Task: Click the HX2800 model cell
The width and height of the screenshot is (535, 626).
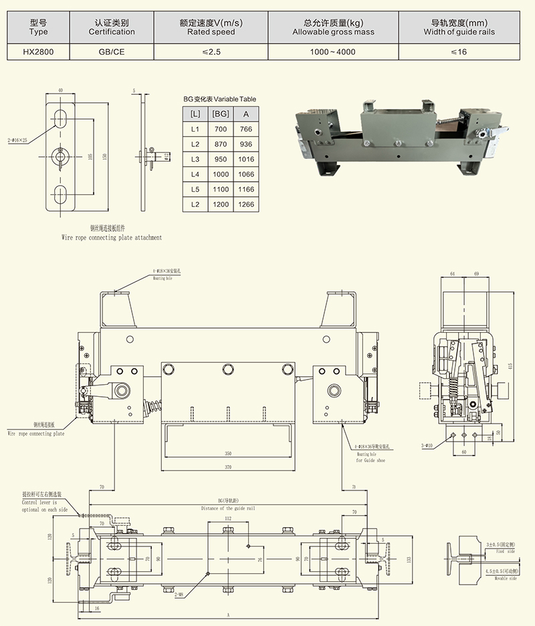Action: click(x=39, y=51)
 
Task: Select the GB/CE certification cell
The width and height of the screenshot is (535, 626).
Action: click(x=112, y=51)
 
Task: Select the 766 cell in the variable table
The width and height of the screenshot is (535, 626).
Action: click(x=245, y=129)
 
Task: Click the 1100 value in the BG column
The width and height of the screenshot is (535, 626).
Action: click(x=220, y=190)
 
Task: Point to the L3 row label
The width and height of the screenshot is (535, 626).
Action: click(x=195, y=160)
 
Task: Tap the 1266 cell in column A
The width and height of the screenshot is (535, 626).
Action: click(x=245, y=205)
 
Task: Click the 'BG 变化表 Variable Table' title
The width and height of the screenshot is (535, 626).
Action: click(x=219, y=99)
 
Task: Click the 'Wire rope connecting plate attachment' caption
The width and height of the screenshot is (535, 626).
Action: click(x=111, y=237)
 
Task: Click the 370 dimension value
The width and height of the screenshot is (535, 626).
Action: click(x=228, y=467)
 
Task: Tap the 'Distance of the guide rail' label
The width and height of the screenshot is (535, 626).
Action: click(x=228, y=509)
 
